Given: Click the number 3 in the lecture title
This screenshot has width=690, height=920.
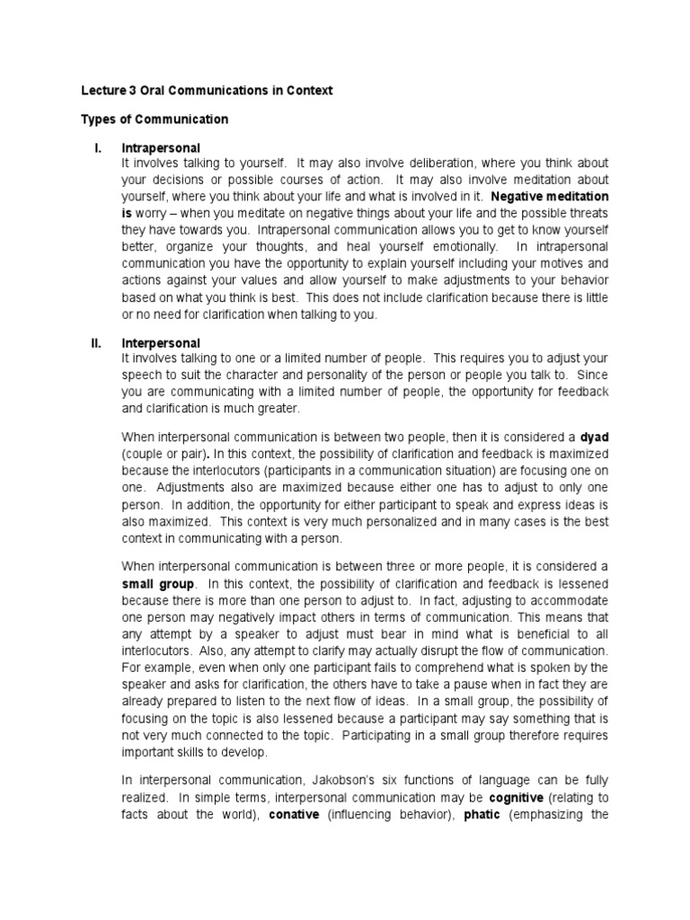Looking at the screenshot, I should tap(130, 91).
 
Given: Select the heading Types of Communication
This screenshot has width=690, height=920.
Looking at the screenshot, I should tap(155, 119).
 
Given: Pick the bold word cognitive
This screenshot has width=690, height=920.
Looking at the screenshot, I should tap(518, 797).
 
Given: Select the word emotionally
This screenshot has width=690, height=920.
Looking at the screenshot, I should tap(453, 246).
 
